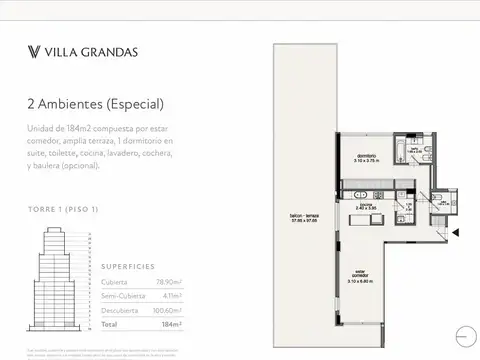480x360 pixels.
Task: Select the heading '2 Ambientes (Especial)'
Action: click(95, 104)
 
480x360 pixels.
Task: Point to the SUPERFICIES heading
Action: click(127, 266)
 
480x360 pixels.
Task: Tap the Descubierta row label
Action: click(120, 310)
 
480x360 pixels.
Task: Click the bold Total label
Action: click(110, 325)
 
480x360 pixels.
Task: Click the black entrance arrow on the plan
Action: click(456, 232)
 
